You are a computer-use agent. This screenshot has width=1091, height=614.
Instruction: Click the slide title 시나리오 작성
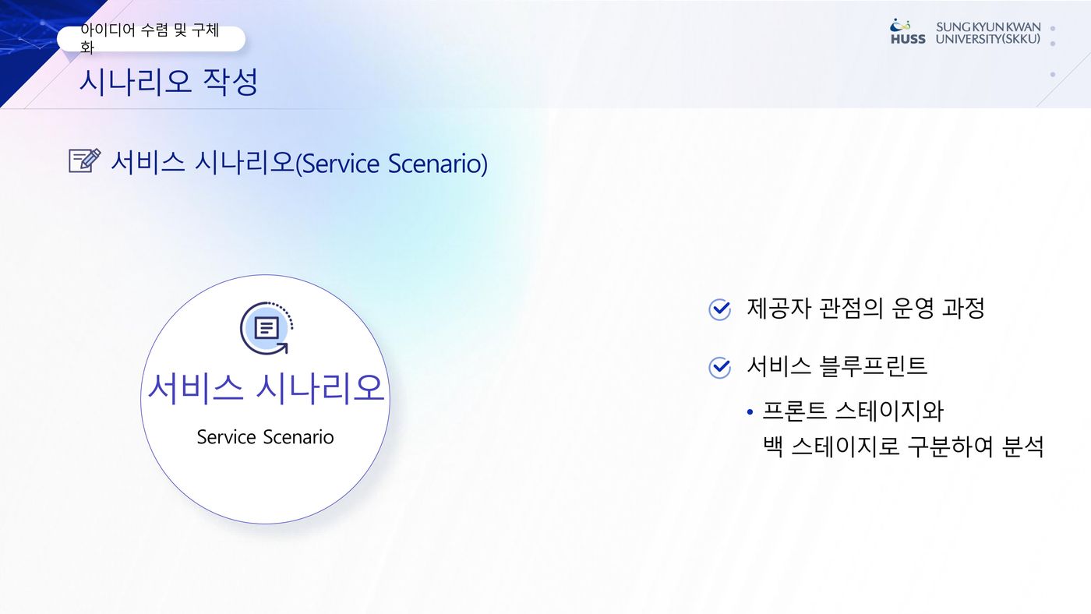[168, 81]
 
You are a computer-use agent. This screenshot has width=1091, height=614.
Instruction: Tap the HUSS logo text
[908, 39]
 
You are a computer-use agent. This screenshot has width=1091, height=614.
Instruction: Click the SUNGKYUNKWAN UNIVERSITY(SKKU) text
[988, 33]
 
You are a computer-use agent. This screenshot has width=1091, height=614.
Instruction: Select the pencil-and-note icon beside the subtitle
[85, 161]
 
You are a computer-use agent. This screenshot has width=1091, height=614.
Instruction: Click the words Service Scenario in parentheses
[391, 164]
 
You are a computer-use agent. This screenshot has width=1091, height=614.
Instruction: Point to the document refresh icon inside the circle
[267, 328]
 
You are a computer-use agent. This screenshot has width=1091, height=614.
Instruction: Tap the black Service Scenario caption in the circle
[266, 437]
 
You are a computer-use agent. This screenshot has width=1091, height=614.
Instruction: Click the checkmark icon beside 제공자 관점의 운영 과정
[719, 309]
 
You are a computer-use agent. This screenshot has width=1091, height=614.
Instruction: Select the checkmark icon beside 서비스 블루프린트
[719, 367]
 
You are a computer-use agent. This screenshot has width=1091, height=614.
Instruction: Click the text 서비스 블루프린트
[837, 366]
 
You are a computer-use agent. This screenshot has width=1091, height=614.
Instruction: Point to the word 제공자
[779, 309]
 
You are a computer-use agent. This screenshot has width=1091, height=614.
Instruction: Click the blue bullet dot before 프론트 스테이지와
[750, 412]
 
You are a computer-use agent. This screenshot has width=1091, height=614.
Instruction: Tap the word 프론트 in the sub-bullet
[794, 411]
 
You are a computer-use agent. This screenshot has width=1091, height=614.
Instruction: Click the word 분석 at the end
[1022, 446]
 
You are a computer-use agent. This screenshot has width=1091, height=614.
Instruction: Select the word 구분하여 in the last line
[950, 446]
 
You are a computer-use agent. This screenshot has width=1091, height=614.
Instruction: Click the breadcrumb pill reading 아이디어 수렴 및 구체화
[151, 38]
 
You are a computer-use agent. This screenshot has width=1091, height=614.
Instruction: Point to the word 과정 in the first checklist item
[963, 309]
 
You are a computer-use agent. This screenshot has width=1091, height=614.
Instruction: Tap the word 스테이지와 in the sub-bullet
[890, 411]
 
